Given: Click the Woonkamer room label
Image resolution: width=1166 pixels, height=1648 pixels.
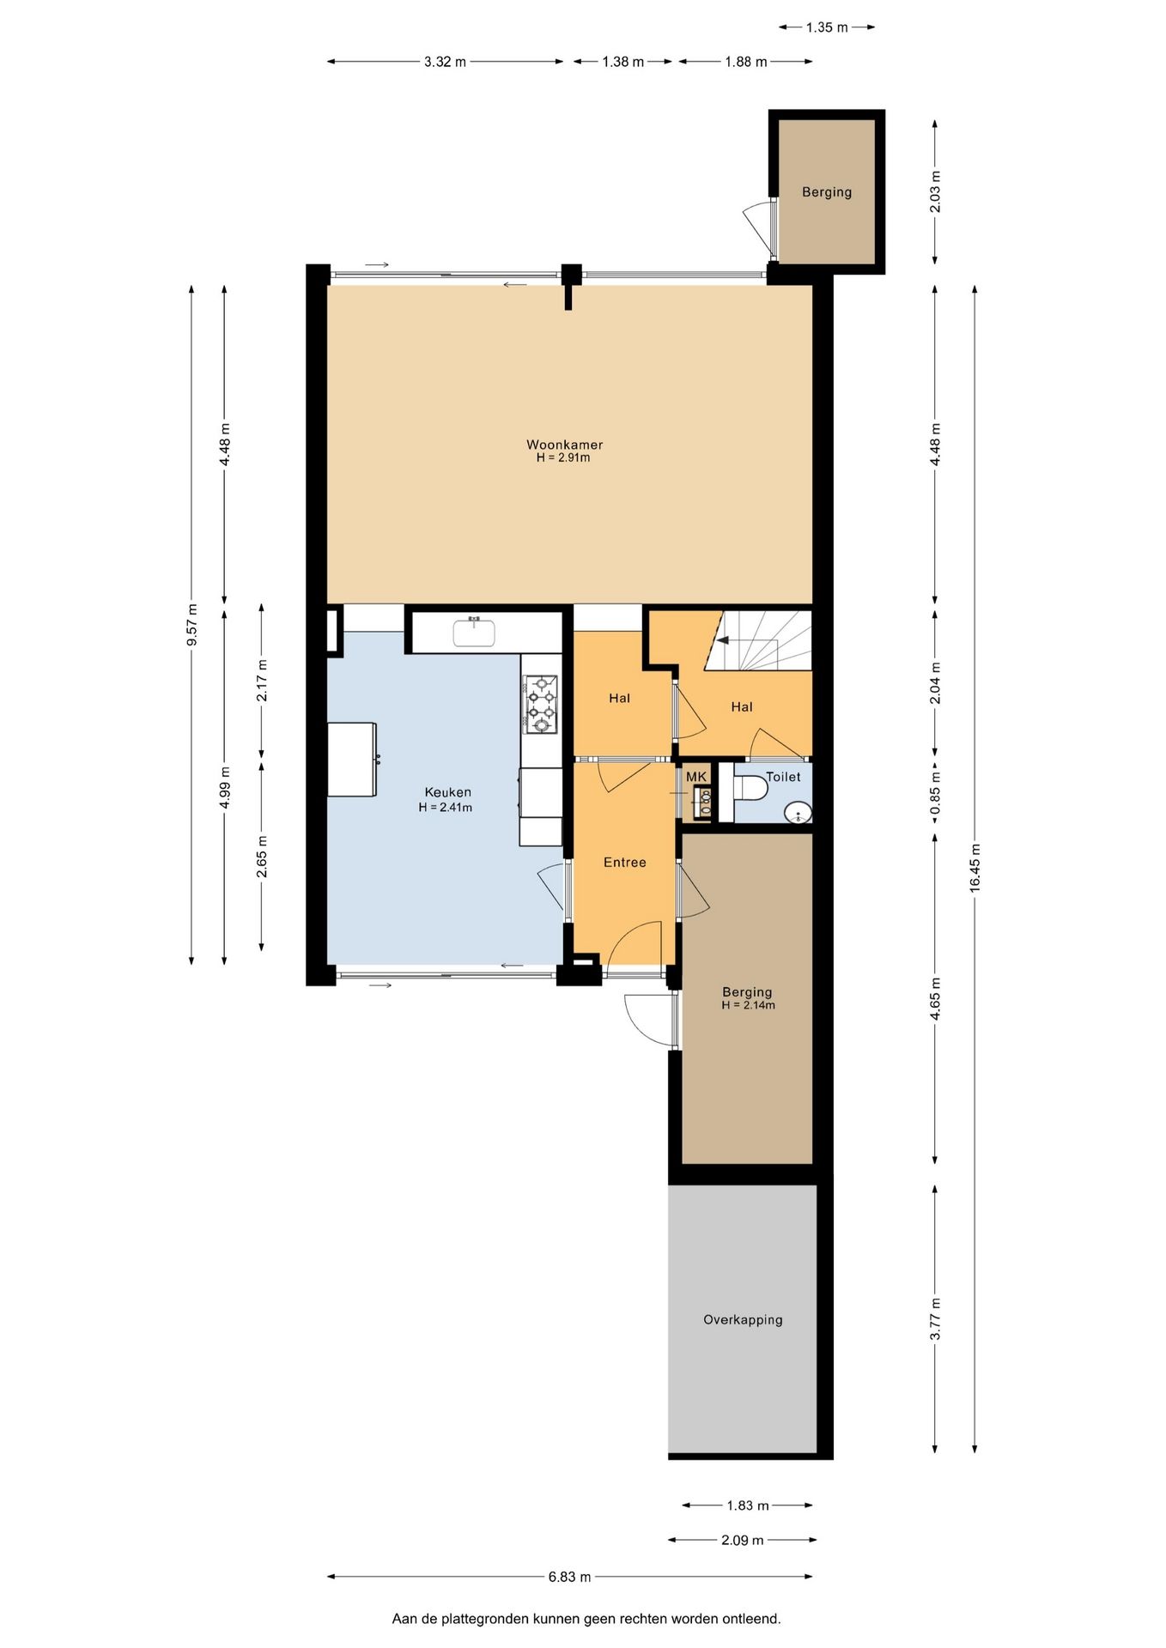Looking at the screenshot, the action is click(564, 445).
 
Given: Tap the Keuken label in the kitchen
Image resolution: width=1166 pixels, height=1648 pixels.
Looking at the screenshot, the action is click(447, 792).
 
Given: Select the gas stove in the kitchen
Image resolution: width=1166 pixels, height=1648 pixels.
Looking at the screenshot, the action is click(541, 705).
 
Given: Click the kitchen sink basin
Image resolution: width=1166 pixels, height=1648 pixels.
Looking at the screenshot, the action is click(474, 633).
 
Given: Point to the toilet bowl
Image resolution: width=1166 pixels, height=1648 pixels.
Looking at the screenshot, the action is click(750, 787).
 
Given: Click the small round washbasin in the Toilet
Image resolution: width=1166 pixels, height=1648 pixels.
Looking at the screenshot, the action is click(799, 812).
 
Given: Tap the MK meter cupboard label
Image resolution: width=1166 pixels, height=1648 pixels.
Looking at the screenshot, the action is click(695, 777).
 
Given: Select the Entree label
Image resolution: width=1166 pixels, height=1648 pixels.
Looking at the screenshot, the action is click(624, 863).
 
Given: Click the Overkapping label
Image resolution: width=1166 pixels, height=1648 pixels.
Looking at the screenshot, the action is click(743, 1320).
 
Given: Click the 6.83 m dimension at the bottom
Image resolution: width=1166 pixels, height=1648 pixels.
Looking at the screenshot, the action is click(569, 1577).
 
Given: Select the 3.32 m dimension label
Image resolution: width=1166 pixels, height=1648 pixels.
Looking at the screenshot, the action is click(445, 62).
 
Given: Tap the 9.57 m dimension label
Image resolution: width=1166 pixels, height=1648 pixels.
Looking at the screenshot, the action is click(191, 625).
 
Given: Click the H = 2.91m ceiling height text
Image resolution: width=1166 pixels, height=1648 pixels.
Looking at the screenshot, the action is click(563, 458).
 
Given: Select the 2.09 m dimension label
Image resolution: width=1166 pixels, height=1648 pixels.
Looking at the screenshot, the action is click(742, 1540).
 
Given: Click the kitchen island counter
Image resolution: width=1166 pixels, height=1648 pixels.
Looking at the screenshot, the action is click(352, 760).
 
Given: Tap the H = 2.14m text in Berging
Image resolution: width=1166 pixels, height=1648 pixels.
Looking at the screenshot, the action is click(748, 1005).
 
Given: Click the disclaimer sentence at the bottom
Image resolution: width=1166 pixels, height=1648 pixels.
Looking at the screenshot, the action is click(586, 1619).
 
